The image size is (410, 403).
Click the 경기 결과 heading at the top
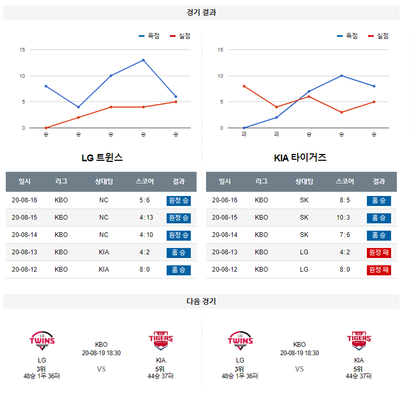tap(201, 13)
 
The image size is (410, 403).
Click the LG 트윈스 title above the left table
tap(102, 157)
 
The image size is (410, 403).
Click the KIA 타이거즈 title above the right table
tap(300, 157)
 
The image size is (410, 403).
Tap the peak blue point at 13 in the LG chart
tap(143, 60)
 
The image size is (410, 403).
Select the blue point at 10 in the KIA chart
tap(342, 76)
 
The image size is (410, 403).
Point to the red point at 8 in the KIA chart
tap(244, 86)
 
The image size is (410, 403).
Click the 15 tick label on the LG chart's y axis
tap(23, 50)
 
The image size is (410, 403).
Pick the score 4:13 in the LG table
tap(145, 218)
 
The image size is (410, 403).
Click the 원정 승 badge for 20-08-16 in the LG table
tap(179, 200)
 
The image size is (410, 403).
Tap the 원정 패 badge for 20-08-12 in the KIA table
tap(378, 270)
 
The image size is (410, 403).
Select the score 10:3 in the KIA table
tap(345, 218)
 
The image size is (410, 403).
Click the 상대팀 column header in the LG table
tap(104, 181)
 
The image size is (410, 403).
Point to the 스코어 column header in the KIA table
tap(345, 181)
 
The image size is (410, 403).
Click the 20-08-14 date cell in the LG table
tap(25, 235)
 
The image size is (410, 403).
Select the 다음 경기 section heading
tap(201, 302)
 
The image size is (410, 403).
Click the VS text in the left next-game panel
tap(101, 369)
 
